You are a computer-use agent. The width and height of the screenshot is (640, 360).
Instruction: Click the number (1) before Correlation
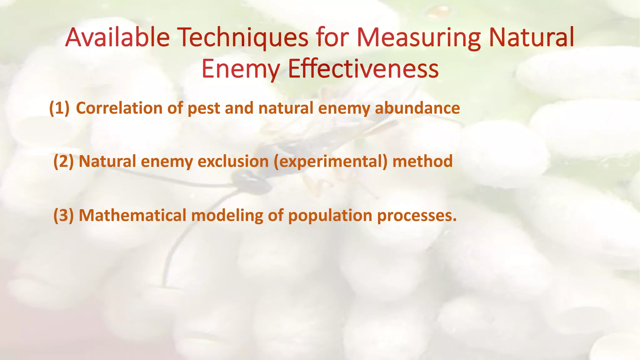(x=59, y=108)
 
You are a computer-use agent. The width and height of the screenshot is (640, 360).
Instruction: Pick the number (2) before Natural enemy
(x=63, y=162)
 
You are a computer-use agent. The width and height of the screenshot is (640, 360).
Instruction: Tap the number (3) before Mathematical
(x=63, y=216)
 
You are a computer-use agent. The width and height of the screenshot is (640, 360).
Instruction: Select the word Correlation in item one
(x=119, y=108)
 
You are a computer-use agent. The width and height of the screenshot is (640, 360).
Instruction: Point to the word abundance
(x=417, y=108)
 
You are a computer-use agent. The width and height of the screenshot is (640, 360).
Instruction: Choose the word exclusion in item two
(x=233, y=162)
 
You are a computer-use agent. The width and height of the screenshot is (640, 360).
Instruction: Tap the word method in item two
(x=422, y=162)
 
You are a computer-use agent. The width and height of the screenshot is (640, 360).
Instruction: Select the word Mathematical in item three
(x=132, y=216)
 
